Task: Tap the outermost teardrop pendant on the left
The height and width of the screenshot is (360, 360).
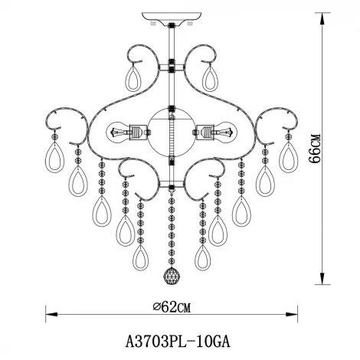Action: tap(54, 155)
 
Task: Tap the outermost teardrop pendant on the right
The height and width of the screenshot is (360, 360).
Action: tap(288, 155)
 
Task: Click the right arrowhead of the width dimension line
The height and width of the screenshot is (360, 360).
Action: tap(293, 313)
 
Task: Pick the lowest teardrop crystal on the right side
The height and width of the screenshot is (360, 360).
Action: tap(202, 256)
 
